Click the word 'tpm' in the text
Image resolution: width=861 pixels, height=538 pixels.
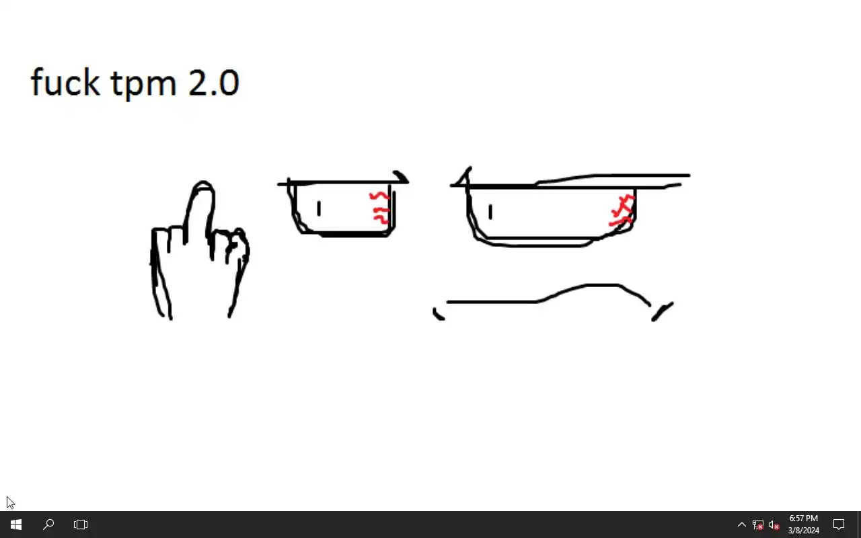pos(144,84)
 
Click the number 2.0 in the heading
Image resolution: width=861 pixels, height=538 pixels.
pos(214,82)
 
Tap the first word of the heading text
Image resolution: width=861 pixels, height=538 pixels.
pos(65,81)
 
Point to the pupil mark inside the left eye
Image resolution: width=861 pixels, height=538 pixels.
pos(319,208)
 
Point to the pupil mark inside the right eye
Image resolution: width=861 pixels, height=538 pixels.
pos(490,212)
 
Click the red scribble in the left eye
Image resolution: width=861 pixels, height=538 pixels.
pos(380,208)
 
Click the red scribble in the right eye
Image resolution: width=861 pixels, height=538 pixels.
pos(622,210)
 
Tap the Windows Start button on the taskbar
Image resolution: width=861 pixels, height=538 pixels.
pos(16,525)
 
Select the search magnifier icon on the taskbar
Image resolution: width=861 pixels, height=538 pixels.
pos(48,525)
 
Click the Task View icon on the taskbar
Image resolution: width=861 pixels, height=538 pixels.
pos(81,525)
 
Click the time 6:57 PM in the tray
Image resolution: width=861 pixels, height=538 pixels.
pos(803,518)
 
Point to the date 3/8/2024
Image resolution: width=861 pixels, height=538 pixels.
pos(803,531)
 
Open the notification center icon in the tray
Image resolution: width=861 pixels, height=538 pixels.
pos(839,525)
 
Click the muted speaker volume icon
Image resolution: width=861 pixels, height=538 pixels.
pos(774,525)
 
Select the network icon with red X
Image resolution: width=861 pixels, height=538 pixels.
pos(757,525)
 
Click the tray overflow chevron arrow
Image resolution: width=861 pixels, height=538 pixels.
pos(742,525)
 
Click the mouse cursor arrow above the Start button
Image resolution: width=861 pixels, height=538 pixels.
pos(10,502)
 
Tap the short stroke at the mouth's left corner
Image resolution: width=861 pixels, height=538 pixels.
pos(437,315)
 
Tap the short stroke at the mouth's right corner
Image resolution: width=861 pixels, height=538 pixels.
pos(662,311)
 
